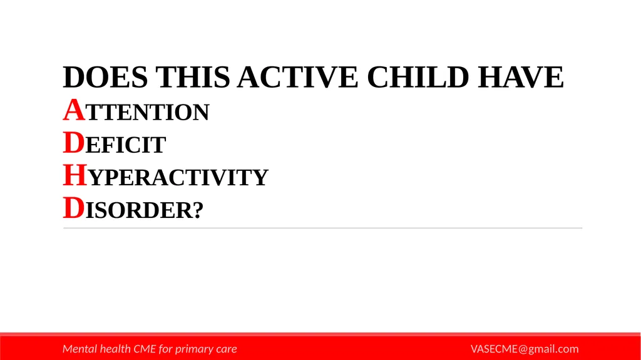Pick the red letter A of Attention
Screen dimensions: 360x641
tap(73, 111)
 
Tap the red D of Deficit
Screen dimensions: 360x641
tap(73, 144)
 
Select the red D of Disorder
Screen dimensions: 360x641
tap(73, 210)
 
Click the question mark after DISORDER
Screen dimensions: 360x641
tap(198, 212)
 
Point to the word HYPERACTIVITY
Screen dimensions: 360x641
tap(165, 178)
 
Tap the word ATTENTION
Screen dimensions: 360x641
tap(136, 113)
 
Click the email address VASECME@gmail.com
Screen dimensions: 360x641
tap(525, 349)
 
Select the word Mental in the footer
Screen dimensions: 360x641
tap(80, 349)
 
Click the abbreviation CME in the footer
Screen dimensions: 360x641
tap(143, 349)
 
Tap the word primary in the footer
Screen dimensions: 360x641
tap(194, 349)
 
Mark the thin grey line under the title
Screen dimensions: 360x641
tap(322, 229)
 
